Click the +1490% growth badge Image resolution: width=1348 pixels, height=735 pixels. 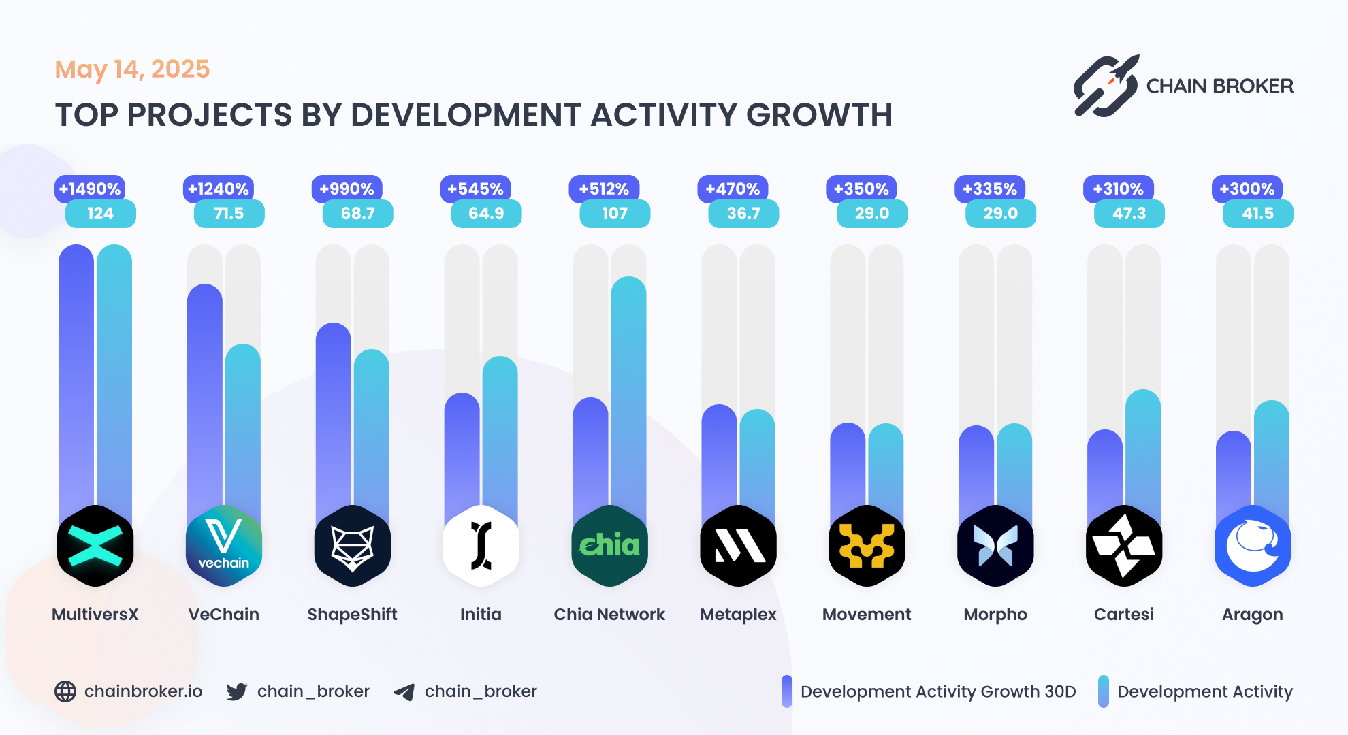(x=90, y=189)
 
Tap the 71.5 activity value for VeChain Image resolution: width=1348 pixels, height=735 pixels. (x=229, y=214)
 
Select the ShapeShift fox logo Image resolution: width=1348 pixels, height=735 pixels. (x=353, y=546)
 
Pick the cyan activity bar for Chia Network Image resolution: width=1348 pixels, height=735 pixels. (x=628, y=395)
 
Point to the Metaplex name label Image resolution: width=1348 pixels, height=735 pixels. (x=738, y=615)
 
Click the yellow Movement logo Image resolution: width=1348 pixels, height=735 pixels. (x=867, y=546)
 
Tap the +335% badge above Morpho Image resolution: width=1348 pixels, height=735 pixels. (x=990, y=189)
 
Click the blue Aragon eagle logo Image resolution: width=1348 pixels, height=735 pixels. (x=1253, y=546)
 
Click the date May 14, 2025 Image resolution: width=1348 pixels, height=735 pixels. (x=132, y=69)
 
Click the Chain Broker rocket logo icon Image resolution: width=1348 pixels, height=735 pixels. (x=1106, y=86)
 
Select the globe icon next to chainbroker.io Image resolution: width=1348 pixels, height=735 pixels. (x=65, y=691)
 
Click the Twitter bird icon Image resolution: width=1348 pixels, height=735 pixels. (x=237, y=691)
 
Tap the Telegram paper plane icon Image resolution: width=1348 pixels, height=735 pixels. (x=404, y=692)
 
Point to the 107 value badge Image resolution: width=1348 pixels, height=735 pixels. (x=615, y=214)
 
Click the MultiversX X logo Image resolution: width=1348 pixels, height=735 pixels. (x=95, y=546)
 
